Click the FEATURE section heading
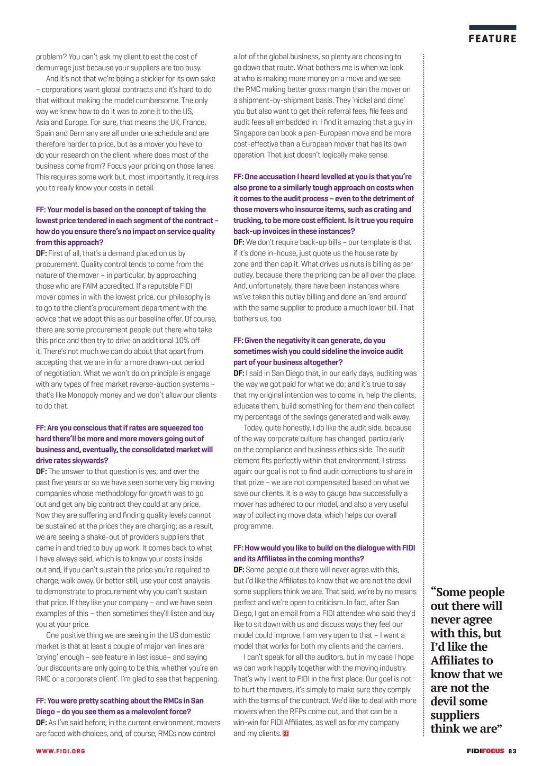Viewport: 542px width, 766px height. point(492,39)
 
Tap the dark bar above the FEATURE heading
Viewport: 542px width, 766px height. point(492,28)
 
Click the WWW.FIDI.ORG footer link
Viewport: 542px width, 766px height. point(60,751)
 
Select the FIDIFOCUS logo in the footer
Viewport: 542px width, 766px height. point(485,751)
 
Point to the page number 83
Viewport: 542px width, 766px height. point(512,751)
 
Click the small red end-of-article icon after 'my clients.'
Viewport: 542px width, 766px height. point(286,733)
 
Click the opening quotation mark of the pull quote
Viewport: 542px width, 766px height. point(433,592)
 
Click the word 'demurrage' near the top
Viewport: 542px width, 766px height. point(55,68)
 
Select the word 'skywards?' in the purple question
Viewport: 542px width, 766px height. point(91,461)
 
